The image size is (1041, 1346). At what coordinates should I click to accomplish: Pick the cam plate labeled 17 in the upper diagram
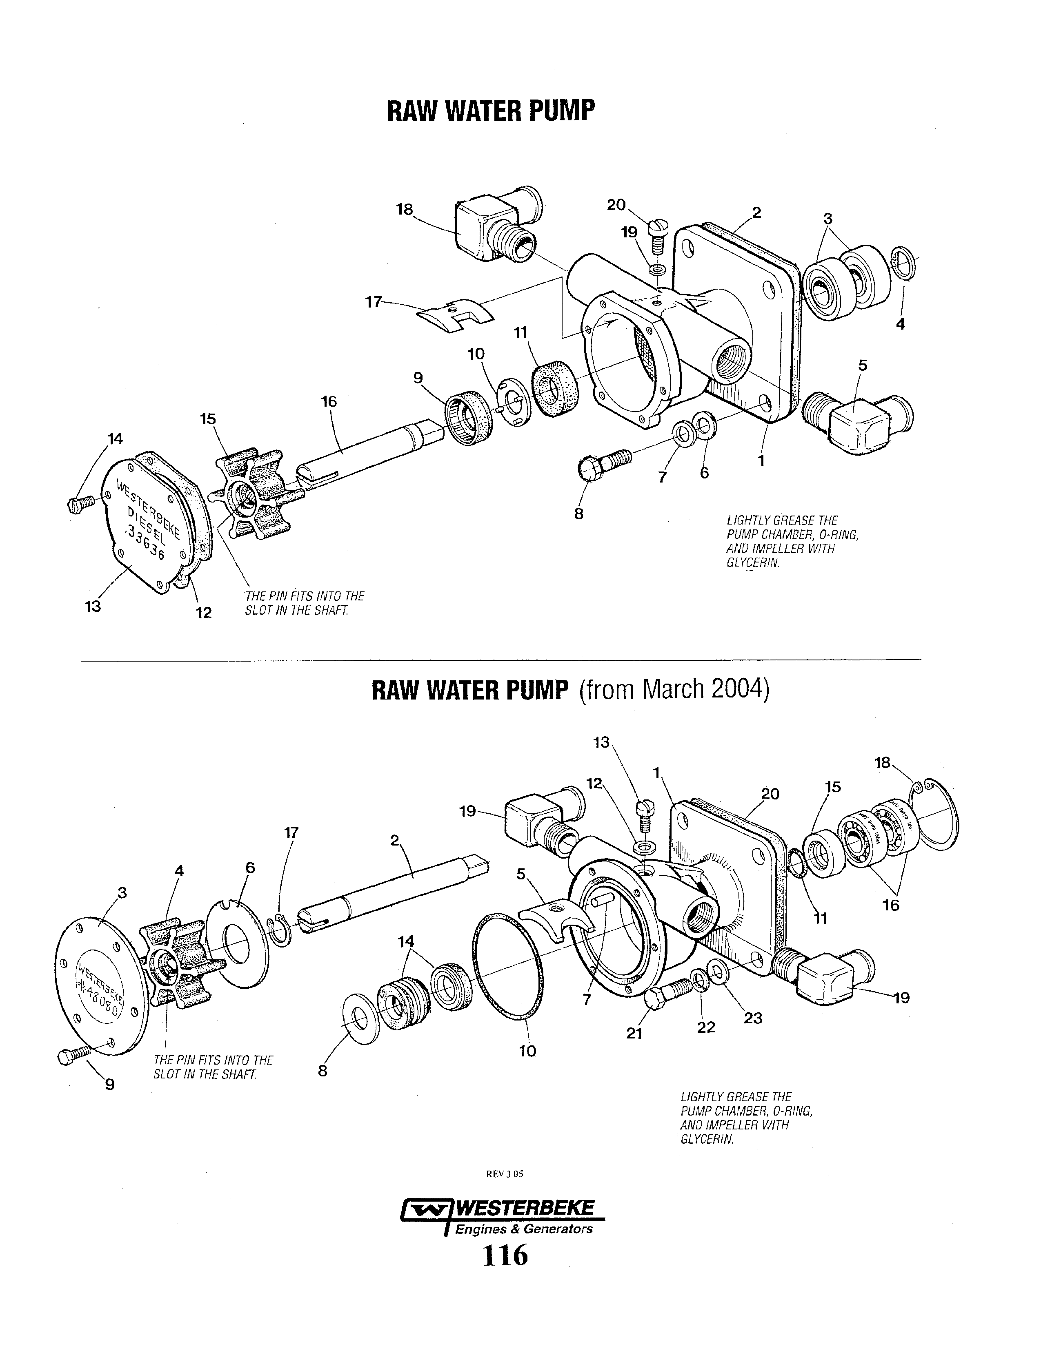455,316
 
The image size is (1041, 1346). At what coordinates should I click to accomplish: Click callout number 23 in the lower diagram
753,1018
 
